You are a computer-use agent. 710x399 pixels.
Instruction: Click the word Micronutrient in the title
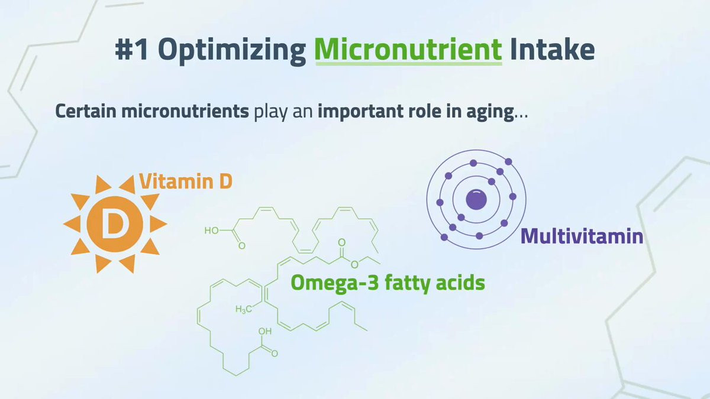point(408,50)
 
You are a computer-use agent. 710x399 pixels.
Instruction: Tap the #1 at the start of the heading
point(131,50)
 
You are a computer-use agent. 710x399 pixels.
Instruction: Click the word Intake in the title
point(552,50)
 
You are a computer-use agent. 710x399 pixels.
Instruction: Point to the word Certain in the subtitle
point(86,111)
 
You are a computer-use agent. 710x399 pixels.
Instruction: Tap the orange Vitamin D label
point(186,181)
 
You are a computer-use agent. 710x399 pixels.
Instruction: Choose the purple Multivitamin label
point(582,236)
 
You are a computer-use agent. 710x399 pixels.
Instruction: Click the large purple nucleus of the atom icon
point(476,199)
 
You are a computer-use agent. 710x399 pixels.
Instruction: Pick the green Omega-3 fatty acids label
point(388,283)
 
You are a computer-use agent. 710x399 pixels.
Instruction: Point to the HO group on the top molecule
point(212,231)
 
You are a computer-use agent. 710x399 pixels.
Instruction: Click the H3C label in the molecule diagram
point(243,309)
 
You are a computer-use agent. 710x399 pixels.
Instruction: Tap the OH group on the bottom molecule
point(265,331)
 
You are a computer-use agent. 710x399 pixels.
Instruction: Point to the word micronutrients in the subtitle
point(185,111)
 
